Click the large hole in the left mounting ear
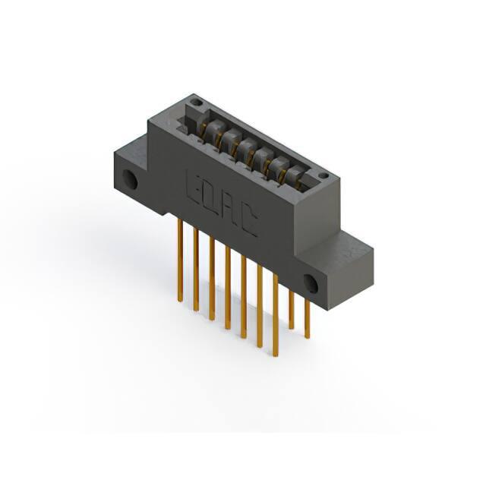click(x=130, y=179)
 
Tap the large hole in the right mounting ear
click(x=311, y=283)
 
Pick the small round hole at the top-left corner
click(x=196, y=102)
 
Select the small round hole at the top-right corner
click(x=323, y=175)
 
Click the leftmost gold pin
click(x=180, y=260)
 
